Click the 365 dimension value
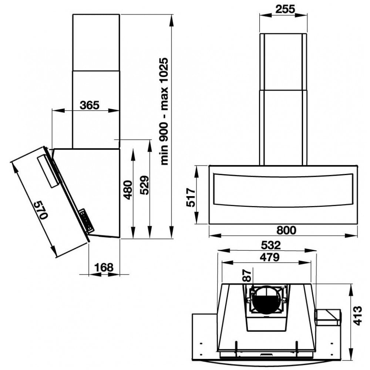pos(90,105)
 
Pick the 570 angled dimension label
pos(40,210)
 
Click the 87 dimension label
pos(247,276)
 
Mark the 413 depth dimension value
pos(357,315)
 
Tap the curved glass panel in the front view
pos(283,190)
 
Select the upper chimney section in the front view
pos(283,61)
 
